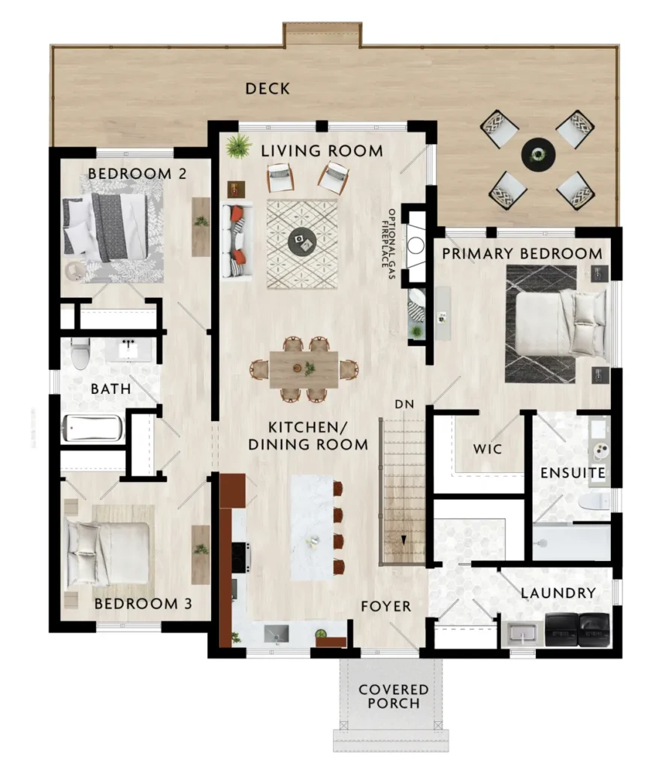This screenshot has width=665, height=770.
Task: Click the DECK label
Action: click(x=268, y=89)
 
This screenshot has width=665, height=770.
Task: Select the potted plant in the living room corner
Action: click(x=239, y=146)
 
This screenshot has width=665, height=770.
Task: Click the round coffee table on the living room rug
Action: click(x=302, y=241)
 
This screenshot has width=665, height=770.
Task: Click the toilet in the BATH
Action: click(x=80, y=353)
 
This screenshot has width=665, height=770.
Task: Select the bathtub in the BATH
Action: click(x=92, y=428)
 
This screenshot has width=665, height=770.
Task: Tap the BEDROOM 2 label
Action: click(x=137, y=174)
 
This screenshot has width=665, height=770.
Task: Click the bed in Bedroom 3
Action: click(x=108, y=546)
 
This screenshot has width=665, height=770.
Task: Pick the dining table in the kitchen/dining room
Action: click(x=304, y=369)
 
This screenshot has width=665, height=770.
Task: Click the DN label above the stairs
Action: click(x=404, y=404)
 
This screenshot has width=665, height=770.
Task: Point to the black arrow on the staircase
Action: click(x=404, y=540)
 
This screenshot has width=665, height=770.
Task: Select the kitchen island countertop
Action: click(x=312, y=526)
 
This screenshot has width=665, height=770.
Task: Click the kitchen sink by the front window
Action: click(x=277, y=634)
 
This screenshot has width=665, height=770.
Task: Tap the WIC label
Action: click(x=488, y=449)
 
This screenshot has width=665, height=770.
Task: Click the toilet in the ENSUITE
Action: click(x=594, y=502)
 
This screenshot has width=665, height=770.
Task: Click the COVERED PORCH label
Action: click(x=394, y=696)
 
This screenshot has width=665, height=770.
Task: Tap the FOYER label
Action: click(x=385, y=607)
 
